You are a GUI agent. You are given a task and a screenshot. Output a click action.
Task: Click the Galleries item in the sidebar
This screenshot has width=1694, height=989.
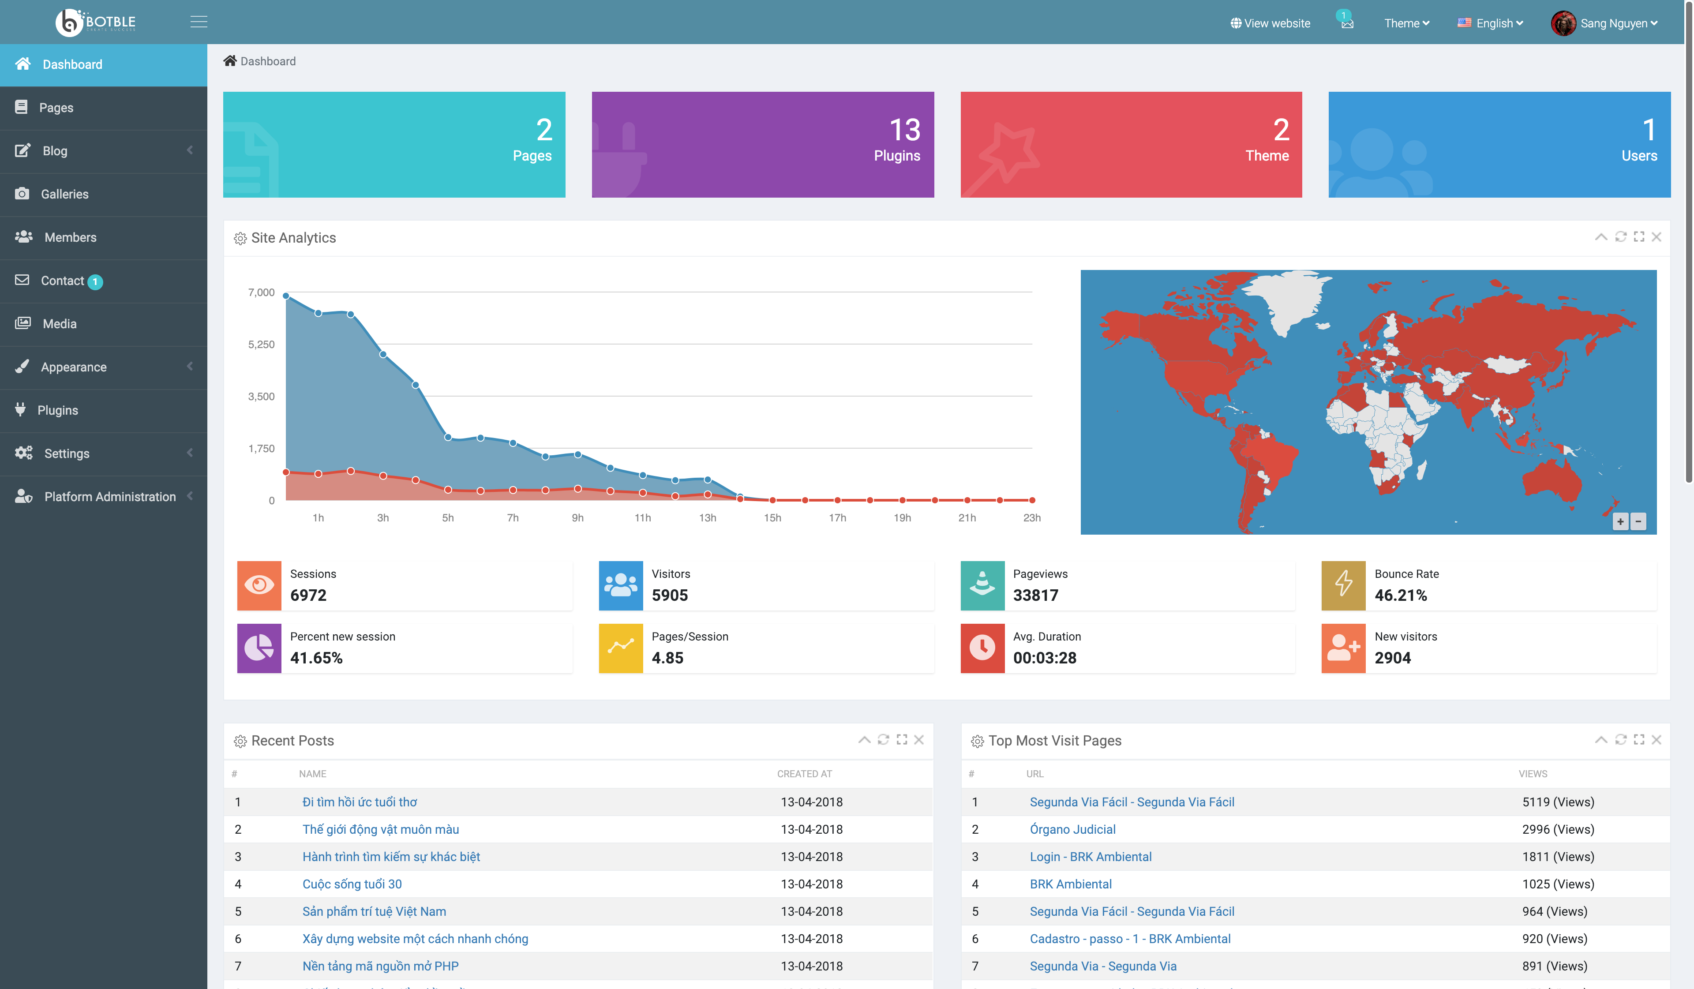coord(64,194)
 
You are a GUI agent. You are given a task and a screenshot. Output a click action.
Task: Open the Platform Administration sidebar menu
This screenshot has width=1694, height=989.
coord(109,497)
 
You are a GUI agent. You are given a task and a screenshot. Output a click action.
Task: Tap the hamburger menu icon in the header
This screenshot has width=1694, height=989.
coord(199,22)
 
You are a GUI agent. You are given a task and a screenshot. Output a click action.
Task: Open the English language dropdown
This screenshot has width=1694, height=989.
coord(1490,23)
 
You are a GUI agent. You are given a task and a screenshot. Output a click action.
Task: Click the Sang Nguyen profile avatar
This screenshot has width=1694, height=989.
coord(1563,23)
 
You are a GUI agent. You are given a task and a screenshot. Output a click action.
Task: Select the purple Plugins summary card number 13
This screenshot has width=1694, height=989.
coord(904,130)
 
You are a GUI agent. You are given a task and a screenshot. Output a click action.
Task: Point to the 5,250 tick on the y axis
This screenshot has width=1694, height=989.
coord(262,344)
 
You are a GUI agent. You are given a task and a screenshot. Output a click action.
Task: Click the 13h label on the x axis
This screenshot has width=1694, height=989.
coord(707,518)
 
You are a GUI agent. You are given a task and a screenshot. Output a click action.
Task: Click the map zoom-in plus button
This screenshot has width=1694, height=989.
coord(1620,522)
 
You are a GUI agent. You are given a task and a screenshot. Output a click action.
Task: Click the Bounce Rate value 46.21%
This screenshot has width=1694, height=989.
coord(1400,596)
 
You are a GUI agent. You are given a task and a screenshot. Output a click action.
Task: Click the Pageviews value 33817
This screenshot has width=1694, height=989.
coord(1035,596)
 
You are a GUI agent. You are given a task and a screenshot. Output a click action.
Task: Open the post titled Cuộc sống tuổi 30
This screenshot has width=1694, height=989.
coord(352,884)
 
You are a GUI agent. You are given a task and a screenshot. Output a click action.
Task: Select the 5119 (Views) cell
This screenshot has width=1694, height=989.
coord(1558,802)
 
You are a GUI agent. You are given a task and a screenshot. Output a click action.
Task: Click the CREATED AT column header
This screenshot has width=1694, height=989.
coord(804,774)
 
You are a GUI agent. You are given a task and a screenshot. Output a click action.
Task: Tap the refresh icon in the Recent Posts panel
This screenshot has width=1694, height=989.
coord(883,740)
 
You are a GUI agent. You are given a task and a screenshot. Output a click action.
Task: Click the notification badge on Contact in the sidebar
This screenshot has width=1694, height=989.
coord(95,282)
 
